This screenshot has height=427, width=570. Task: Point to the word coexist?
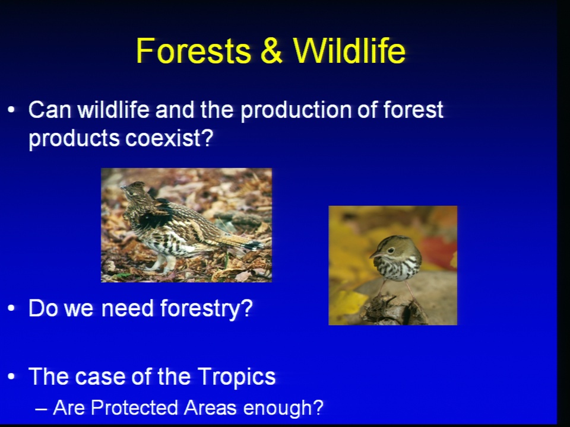point(169,138)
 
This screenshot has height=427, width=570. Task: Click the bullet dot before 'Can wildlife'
point(11,109)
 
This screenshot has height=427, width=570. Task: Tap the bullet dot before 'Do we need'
point(11,308)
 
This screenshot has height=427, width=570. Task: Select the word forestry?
point(207,309)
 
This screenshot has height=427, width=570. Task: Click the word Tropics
point(237,377)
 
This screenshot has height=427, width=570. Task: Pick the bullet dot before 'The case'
point(11,376)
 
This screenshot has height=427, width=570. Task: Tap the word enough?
point(283,408)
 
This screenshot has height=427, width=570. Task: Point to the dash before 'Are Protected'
point(41,410)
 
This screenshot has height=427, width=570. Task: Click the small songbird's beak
point(374,256)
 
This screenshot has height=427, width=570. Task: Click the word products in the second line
point(75,139)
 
